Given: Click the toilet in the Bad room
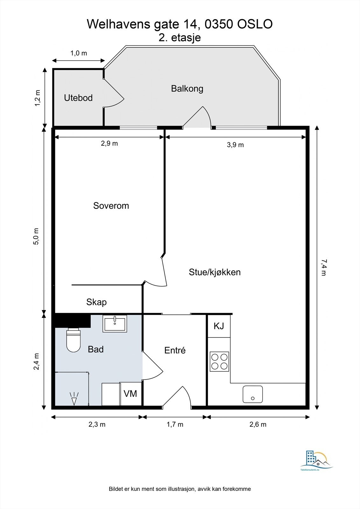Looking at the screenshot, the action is coord(74,340).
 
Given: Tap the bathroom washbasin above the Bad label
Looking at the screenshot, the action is coord(115,324).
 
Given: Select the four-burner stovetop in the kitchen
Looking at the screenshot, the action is coord(219,361).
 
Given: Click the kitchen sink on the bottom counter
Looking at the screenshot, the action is coord(252,394).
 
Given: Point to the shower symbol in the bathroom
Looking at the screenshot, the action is coord(74,399).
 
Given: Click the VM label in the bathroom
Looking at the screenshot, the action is coord(130,394).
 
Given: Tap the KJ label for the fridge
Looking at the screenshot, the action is coord(219,326).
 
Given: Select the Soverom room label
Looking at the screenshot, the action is coord(111,206).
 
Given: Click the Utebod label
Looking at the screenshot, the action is coord(78,98).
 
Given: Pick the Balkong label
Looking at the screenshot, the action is coord(187,89).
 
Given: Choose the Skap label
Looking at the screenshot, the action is coord(96,302).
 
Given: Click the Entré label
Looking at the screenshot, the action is coord(175,350).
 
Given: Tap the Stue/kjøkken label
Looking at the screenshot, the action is coord(215,272).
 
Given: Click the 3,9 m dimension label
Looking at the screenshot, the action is coord(235,145).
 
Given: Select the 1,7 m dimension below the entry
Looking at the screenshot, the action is coord(175,424).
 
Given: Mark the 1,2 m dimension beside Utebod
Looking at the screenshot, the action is coord(38,98).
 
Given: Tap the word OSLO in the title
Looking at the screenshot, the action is coord(255,24).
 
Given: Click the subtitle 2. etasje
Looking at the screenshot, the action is coord(180,38).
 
